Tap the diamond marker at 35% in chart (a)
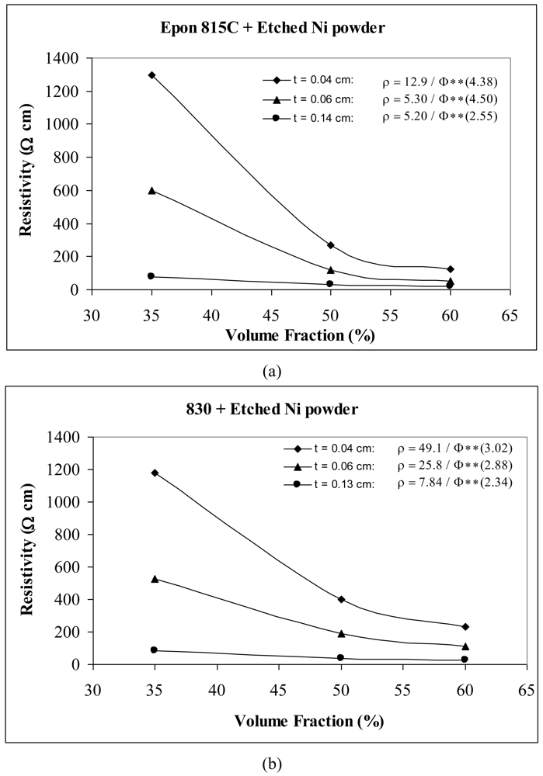[x=151, y=75]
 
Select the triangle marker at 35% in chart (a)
[x=151, y=190]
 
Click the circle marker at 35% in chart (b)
[x=154, y=650]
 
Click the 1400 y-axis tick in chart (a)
[x=64, y=58]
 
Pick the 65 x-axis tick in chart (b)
[x=527, y=689]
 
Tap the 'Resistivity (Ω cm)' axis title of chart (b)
[x=29, y=550]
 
